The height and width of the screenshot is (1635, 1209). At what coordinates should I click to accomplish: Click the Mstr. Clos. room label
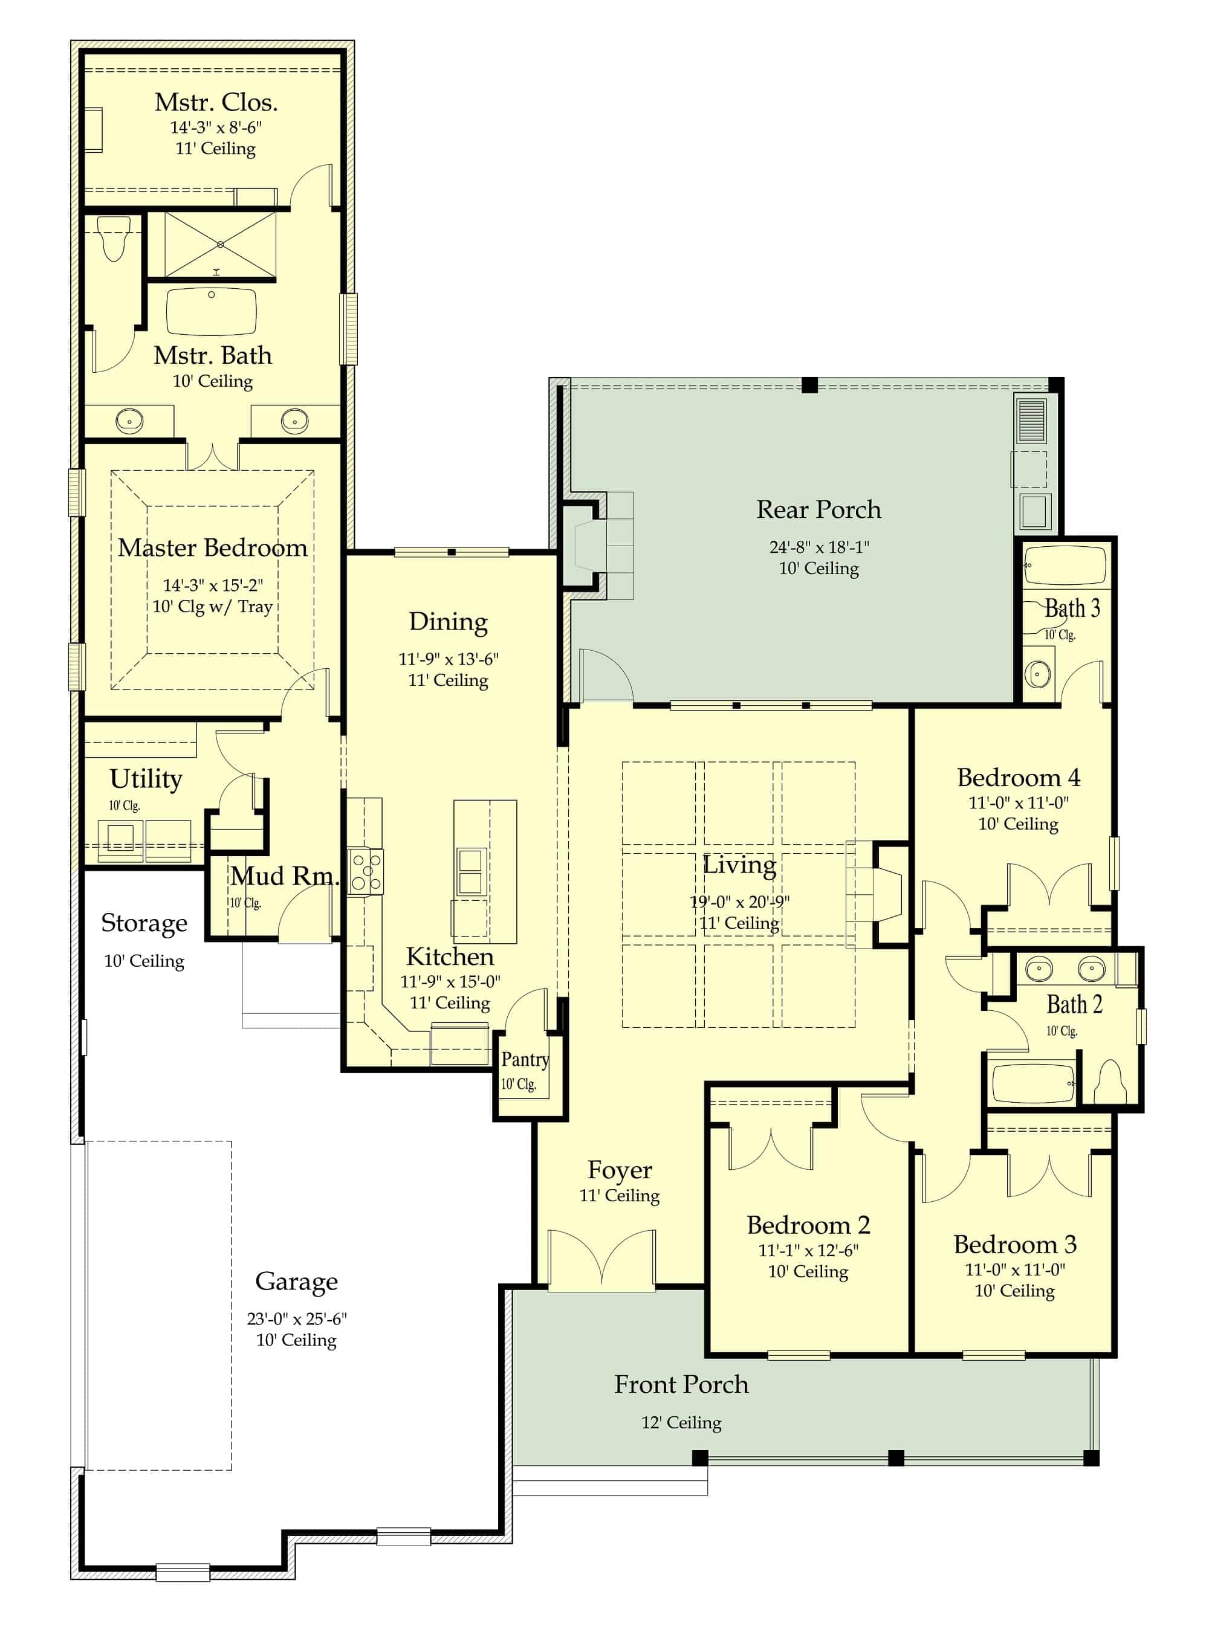pyautogui.click(x=216, y=103)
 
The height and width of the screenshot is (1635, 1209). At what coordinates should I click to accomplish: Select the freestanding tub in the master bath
pyautogui.click(x=212, y=312)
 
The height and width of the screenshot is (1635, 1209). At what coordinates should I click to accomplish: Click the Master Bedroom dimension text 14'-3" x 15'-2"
pyautogui.click(x=213, y=585)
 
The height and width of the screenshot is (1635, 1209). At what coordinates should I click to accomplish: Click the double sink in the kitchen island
pyautogui.click(x=470, y=871)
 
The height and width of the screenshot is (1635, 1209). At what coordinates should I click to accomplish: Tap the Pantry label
pyautogui.click(x=525, y=1059)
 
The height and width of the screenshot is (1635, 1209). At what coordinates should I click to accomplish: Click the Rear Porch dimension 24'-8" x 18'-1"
pyautogui.click(x=819, y=547)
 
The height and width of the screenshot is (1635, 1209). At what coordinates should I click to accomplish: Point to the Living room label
pyautogui.click(x=739, y=865)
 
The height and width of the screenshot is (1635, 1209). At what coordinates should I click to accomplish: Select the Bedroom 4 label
pyautogui.click(x=1018, y=778)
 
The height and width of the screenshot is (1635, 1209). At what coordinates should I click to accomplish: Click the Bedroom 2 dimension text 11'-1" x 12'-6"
pyautogui.click(x=808, y=1250)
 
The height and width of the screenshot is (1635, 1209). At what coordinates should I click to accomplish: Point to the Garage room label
pyautogui.click(x=296, y=1281)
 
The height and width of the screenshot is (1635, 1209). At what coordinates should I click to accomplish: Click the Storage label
pyautogui.click(x=144, y=923)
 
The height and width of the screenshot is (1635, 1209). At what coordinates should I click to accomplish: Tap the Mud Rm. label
pyautogui.click(x=285, y=876)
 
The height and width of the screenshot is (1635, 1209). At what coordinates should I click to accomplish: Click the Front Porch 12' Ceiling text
pyautogui.click(x=681, y=1423)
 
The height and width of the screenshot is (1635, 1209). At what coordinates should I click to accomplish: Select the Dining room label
pyautogui.click(x=448, y=622)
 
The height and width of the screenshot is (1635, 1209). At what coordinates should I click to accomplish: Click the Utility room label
pyautogui.click(x=146, y=778)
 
